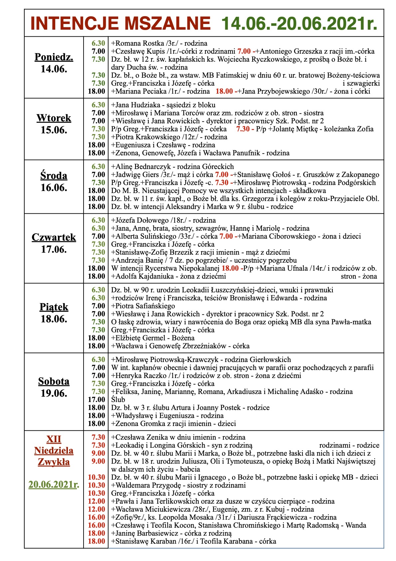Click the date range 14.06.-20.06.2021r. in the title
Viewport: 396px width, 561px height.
(x=299, y=23)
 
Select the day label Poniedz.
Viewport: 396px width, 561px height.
(x=54, y=57)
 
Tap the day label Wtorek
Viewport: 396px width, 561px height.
(x=54, y=118)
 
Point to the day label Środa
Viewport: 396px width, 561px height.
(x=54, y=176)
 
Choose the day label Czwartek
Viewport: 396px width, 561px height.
(x=54, y=237)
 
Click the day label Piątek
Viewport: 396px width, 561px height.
(x=54, y=307)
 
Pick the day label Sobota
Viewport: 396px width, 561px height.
(x=54, y=381)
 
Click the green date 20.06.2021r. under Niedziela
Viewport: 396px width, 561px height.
(x=54, y=484)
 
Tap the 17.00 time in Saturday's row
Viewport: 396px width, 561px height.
(x=97, y=400)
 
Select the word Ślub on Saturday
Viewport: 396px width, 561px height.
(x=118, y=400)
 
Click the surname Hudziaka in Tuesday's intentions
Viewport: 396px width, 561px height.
(x=144, y=105)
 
